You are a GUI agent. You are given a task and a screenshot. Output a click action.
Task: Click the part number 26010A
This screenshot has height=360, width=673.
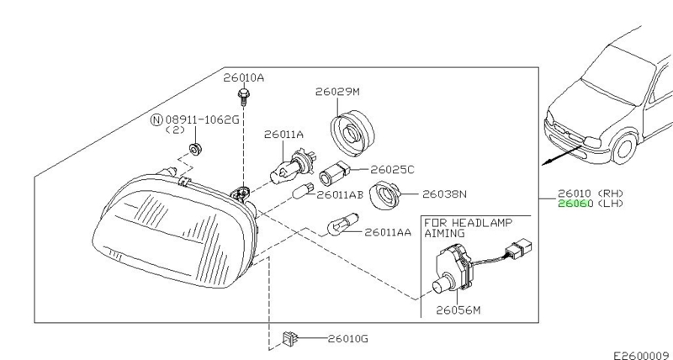[243, 77]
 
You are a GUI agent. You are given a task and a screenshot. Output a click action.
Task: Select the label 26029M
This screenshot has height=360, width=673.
[337, 91]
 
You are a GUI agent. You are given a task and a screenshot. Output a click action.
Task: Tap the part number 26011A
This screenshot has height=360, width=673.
[284, 134]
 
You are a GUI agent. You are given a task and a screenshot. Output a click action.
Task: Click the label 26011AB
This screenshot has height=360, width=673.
[340, 194]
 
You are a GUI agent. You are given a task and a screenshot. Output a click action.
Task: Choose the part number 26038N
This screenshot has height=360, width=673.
[444, 194]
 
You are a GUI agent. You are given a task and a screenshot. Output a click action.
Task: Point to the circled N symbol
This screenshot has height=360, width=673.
[156, 119]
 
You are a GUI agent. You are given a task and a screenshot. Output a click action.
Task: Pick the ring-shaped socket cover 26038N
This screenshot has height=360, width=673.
[384, 194]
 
